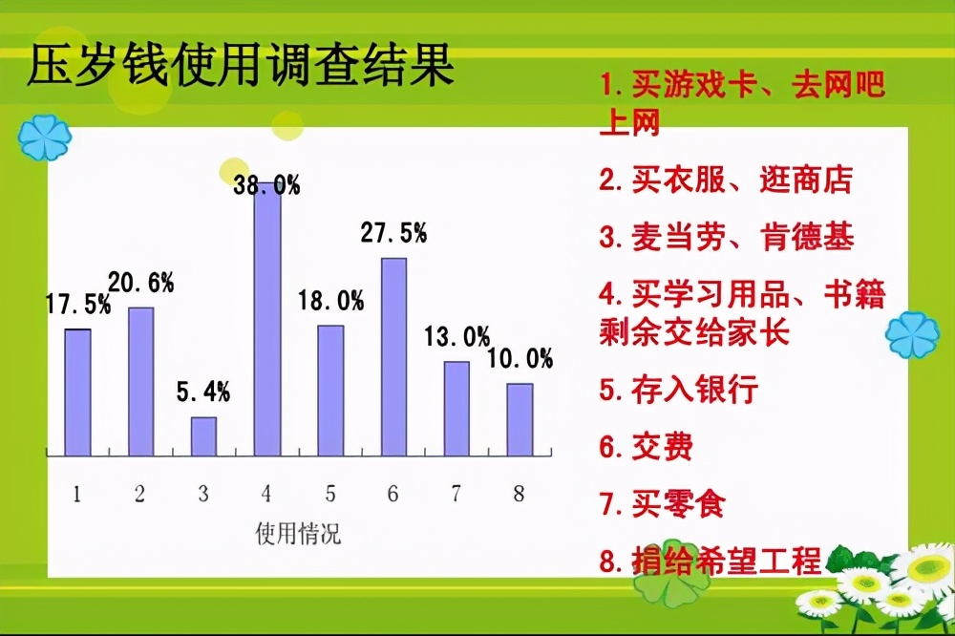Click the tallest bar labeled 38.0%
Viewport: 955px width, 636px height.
[x=267, y=325]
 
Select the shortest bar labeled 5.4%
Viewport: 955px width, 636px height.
[x=203, y=436]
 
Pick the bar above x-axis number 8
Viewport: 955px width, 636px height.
[x=520, y=419]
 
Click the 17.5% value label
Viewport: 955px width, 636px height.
[x=78, y=305]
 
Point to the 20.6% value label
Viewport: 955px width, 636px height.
[x=140, y=282]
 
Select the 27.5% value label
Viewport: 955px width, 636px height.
[x=393, y=233]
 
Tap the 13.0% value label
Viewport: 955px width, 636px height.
[x=456, y=336]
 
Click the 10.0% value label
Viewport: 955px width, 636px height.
[x=520, y=359]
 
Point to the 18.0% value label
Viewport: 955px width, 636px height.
[x=330, y=301]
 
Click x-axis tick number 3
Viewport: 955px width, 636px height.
[x=203, y=494]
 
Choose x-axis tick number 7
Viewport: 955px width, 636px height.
[x=456, y=494]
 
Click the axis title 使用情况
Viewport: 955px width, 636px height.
[x=298, y=534]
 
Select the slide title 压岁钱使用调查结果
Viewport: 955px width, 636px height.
[x=240, y=69]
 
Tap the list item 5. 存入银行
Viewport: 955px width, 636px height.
[x=678, y=390]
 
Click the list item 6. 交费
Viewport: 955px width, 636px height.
[x=646, y=447]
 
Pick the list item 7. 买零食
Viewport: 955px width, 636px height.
[x=662, y=504]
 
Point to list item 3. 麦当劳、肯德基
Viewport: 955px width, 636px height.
[x=726, y=237]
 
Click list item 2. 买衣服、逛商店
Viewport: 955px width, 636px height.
[x=726, y=180]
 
